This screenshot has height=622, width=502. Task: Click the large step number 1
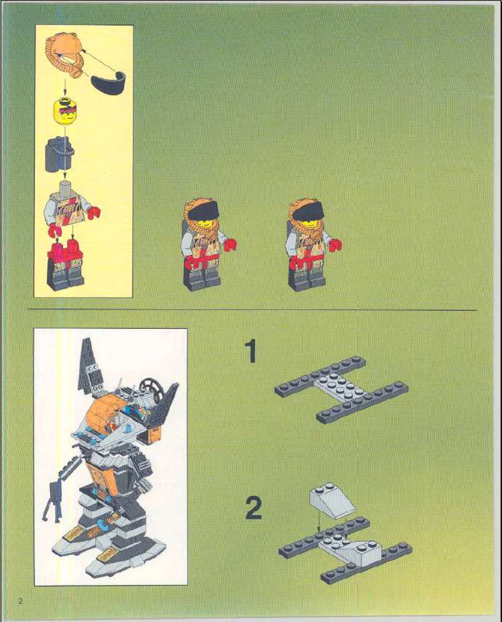(250, 351)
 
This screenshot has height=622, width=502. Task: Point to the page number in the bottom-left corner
(21, 600)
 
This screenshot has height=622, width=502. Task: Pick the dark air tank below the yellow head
(56, 155)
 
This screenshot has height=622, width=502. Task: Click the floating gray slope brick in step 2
(331, 501)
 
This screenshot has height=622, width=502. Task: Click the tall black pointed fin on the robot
(87, 366)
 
